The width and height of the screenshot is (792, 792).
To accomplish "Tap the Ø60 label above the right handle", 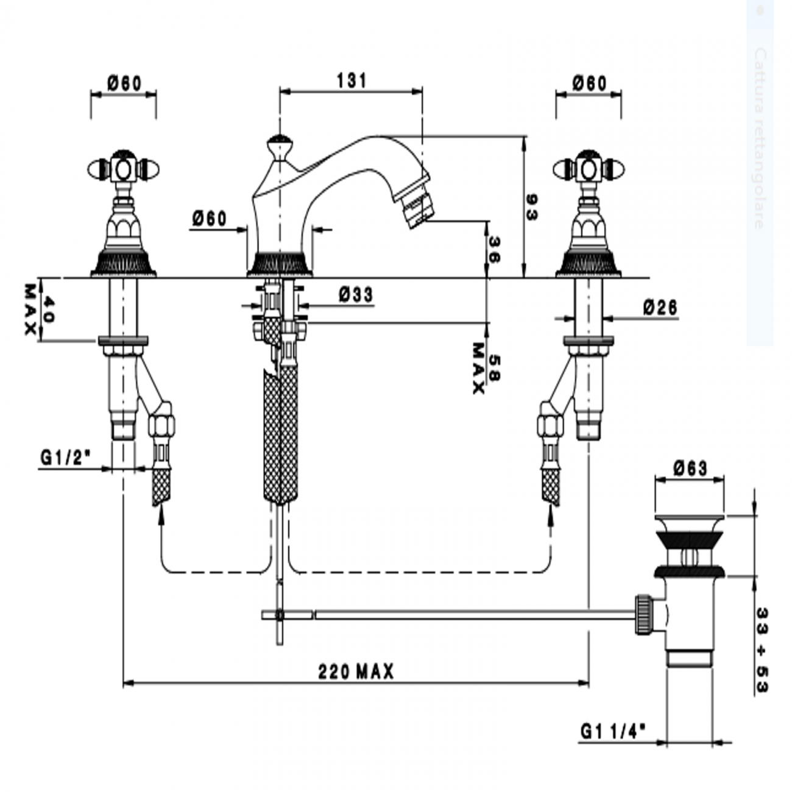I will pos(589,83).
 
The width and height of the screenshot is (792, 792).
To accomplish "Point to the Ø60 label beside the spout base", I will pos(209,219).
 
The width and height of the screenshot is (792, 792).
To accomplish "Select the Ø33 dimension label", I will pos(356,295).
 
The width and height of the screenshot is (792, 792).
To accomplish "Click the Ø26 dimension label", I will pos(660,308).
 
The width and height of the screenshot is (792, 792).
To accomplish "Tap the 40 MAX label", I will pos(39,309).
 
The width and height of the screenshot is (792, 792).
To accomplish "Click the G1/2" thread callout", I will pos(66,458).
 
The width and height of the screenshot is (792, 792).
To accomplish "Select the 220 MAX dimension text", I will pos(356,672).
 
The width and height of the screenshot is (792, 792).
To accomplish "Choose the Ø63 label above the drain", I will pos(690,468).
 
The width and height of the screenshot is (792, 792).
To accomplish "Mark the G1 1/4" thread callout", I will pos(613,730).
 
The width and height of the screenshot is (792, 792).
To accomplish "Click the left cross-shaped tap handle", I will pos(124,169).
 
